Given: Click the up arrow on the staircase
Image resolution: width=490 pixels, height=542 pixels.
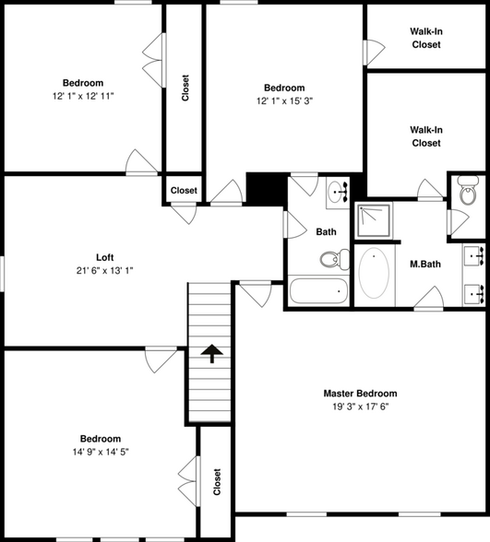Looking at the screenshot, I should point(212,354).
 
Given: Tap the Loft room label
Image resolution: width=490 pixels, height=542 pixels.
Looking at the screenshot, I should point(105,257).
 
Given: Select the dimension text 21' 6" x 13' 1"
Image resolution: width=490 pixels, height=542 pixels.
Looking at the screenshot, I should point(105,270).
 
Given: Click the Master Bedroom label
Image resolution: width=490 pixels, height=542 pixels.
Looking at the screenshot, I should point(360,393).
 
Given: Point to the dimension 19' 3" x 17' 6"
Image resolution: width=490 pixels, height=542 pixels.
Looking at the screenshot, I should point(360,406).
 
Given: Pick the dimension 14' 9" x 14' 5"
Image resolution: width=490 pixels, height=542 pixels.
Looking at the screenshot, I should point(100,453).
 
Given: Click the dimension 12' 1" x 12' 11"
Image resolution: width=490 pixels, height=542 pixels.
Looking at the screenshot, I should point(83,95).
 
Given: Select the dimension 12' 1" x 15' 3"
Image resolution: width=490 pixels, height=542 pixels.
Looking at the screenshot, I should point(283,101).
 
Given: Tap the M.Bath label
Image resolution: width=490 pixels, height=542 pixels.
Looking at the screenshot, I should point(424,265).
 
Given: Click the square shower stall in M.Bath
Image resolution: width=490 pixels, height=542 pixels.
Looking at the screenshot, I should point(375,219).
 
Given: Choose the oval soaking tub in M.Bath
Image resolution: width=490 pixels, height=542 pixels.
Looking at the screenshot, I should point(375,274).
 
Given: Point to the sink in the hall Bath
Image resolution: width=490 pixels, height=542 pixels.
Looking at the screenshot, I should point(336,192).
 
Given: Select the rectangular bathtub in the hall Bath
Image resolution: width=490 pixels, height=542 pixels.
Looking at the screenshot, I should point(318,292).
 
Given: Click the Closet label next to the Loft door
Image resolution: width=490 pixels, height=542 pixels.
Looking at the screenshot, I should point(184,190).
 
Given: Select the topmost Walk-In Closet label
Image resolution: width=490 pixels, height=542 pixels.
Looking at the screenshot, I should point(425,38).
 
